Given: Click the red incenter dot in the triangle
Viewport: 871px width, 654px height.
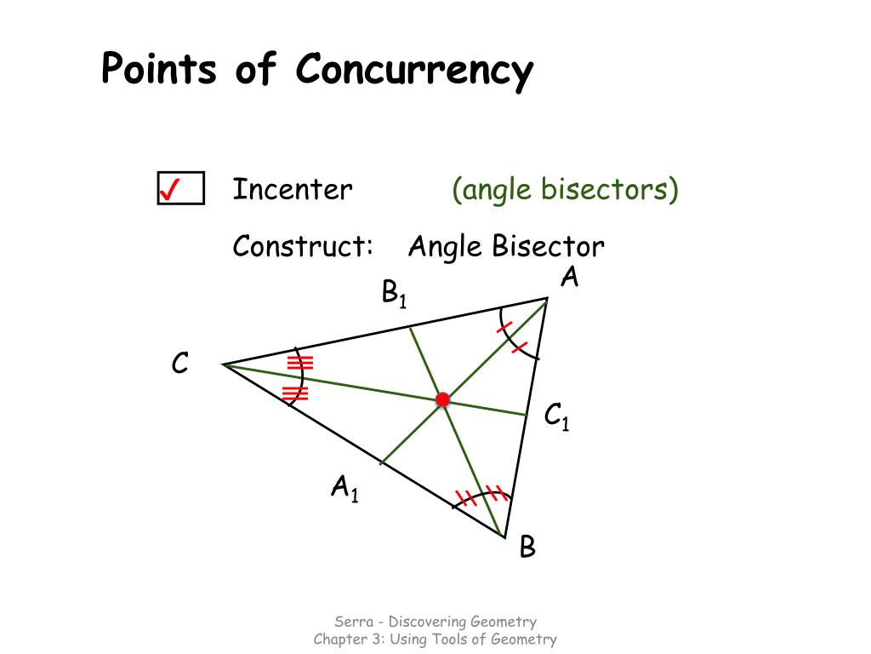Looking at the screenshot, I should coord(442,399).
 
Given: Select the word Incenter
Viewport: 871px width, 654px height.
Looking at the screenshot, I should coord(292,189).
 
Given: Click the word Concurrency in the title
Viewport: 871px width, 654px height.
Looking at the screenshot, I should coord(414,71).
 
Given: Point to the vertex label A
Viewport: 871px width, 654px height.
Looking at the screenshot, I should coord(569,277).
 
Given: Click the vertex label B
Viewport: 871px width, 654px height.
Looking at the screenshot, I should coord(527,547).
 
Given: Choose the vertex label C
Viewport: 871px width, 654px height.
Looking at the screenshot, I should coord(179,364).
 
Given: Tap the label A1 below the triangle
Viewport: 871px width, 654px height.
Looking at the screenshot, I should coord(344,489).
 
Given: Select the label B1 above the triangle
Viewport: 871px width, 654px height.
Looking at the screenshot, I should coord(394,294).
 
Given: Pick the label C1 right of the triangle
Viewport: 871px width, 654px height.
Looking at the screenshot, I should coord(556,417).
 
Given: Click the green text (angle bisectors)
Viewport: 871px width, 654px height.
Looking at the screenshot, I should coord(565,189).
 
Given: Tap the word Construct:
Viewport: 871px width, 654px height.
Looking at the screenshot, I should coord(304,247).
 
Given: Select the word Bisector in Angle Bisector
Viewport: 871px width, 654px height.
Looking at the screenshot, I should coord(548,247).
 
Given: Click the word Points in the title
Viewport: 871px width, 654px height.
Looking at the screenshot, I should coord(159,71).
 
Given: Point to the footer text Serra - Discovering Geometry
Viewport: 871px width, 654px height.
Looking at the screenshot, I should coord(435,622).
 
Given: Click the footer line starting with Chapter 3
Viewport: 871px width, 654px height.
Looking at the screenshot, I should coord(435,640).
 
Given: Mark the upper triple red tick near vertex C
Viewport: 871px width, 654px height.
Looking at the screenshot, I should coord(299,363).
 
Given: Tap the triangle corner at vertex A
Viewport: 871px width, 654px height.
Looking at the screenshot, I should coord(548,298).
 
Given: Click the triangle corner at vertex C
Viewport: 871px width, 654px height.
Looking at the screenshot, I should coord(224,364).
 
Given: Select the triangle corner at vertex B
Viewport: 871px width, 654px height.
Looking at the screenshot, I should coord(505,536).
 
